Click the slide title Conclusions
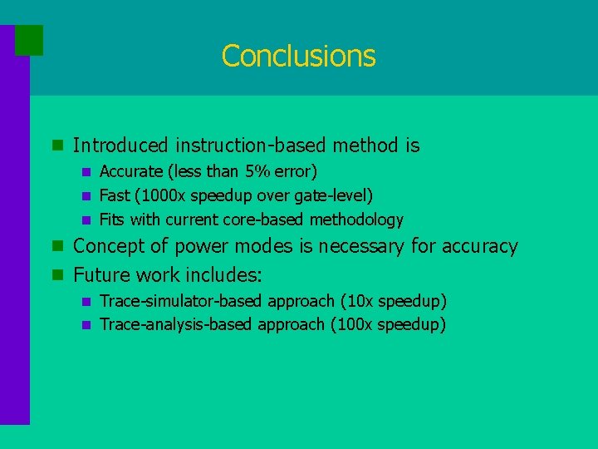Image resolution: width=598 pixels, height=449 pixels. click(x=298, y=56)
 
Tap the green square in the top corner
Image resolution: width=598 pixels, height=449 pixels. click(x=29, y=40)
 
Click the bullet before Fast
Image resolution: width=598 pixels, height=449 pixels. click(x=84, y=196)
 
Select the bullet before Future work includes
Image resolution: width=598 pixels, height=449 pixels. click(x=57, y=274)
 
